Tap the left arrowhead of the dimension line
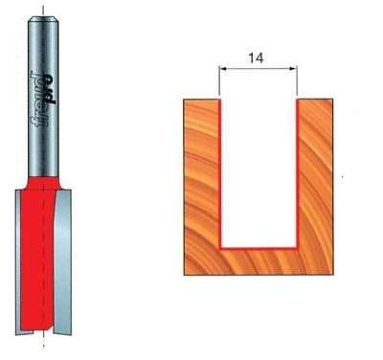(x=223, y=70)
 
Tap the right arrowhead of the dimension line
(x=294, y=70)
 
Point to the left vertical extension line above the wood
(x=220, y=81)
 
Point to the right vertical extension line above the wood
(x=297, y=81)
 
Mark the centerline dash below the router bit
(x=42, y=344)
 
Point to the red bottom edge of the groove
(x=259, y=246)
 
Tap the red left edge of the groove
(x=221, y=172)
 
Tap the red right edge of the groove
(x=297, y=172)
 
